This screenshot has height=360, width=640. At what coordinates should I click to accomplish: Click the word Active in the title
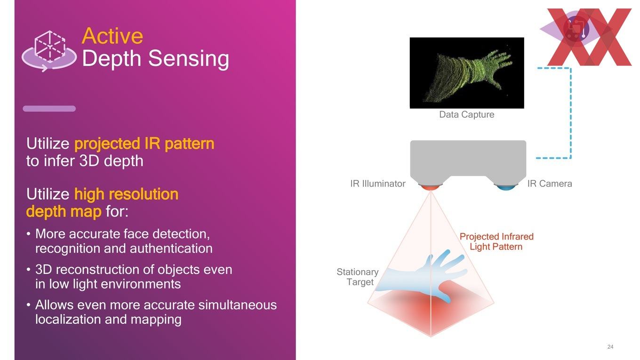click(112, 36)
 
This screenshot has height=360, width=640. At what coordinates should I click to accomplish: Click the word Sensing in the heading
click(189, 59)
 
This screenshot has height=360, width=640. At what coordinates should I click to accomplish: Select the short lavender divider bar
click(49, 109)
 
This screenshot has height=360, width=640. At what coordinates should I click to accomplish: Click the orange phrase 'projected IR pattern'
click(144, 144)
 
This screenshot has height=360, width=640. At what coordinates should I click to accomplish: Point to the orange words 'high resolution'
click(126, 194)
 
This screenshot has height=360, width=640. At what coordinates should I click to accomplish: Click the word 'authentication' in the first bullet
click(171, 248)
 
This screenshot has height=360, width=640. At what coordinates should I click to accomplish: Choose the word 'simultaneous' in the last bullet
click(238, 305)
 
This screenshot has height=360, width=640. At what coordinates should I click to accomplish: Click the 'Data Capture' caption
click(466, 114)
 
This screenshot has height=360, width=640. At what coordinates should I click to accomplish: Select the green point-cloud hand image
click(467, 73)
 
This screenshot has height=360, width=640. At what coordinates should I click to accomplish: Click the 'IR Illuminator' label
click(378, 184)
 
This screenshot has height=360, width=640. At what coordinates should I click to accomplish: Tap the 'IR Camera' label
click(550, 184)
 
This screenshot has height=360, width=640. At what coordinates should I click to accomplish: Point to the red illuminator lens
click(430, 187)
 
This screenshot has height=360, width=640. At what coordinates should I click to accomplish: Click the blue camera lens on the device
click(506, 187)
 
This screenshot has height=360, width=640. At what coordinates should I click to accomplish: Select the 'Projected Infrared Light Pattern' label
click(496, 242)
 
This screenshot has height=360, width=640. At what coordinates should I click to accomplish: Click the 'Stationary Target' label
click(358, 277)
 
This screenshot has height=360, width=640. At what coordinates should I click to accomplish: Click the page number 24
click(610, 347)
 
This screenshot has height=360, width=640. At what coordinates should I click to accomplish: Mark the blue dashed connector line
click(570, 113)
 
